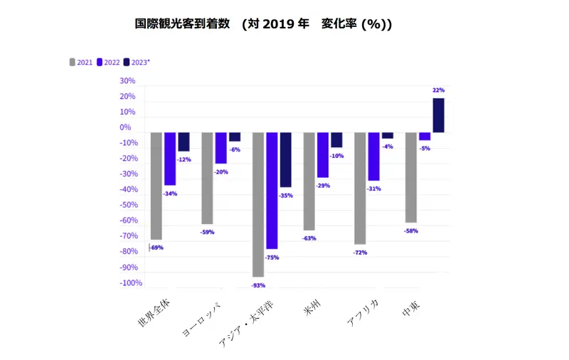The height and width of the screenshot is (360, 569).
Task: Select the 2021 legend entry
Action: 82,62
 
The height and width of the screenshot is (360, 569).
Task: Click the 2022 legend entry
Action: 108,62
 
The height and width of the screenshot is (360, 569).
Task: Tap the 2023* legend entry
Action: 137,62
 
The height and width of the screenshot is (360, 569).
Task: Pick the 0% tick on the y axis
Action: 125,127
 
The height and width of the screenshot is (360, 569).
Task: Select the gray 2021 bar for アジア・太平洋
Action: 258,204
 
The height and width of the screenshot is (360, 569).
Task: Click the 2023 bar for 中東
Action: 438,115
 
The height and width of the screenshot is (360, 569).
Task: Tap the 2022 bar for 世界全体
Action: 170,159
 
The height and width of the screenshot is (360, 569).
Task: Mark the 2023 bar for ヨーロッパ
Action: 235,137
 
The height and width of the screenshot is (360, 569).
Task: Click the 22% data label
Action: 438,90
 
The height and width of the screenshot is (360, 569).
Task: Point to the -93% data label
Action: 258,285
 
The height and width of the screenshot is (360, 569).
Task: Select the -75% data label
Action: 272,258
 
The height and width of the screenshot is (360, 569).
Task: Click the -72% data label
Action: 360,253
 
